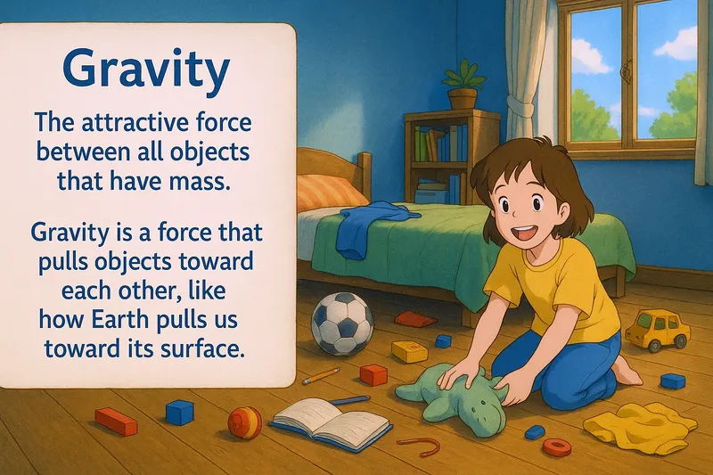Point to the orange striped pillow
tap(329, 191)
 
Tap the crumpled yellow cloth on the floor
tap(639, 425)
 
